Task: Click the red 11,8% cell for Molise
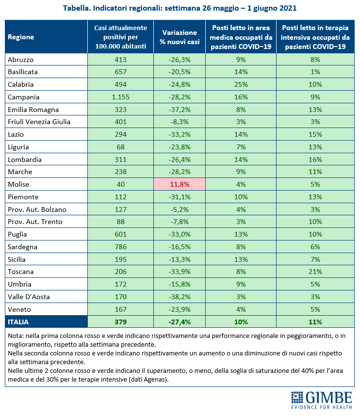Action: (180, 184)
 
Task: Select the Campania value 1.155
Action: (120, 97)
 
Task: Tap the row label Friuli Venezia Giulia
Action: (39, 122)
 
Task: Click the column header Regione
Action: (21, 37)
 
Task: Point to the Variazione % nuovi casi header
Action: (180, 37)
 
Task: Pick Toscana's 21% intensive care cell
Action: (315, 272)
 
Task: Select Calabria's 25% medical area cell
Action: (241, 84)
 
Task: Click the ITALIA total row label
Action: (18, 322)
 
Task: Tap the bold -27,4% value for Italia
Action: (180, 322)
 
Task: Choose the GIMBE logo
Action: (322, 400)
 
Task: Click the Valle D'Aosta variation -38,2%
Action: (180, 297)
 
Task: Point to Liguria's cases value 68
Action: (120, 147)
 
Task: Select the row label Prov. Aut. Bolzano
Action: (37, 209)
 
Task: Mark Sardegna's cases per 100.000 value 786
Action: (120, 247)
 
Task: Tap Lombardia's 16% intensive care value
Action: (315, 160)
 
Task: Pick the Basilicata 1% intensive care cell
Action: (315, 72)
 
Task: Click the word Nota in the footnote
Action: (15, 336)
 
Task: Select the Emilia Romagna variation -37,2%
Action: (180, 110)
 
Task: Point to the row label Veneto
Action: (19, 309)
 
